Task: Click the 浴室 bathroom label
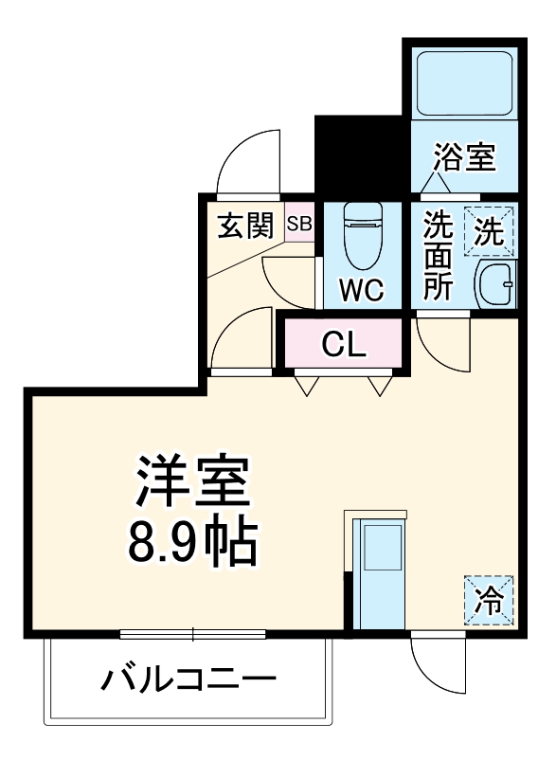tap(465, 157)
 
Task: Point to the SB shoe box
tap(299, 225)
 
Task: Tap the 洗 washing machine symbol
tap(489, 232)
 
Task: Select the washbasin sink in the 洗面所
tap(493, 281)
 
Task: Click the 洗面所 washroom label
tap(438, 257)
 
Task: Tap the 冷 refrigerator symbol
tap(489, 600)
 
